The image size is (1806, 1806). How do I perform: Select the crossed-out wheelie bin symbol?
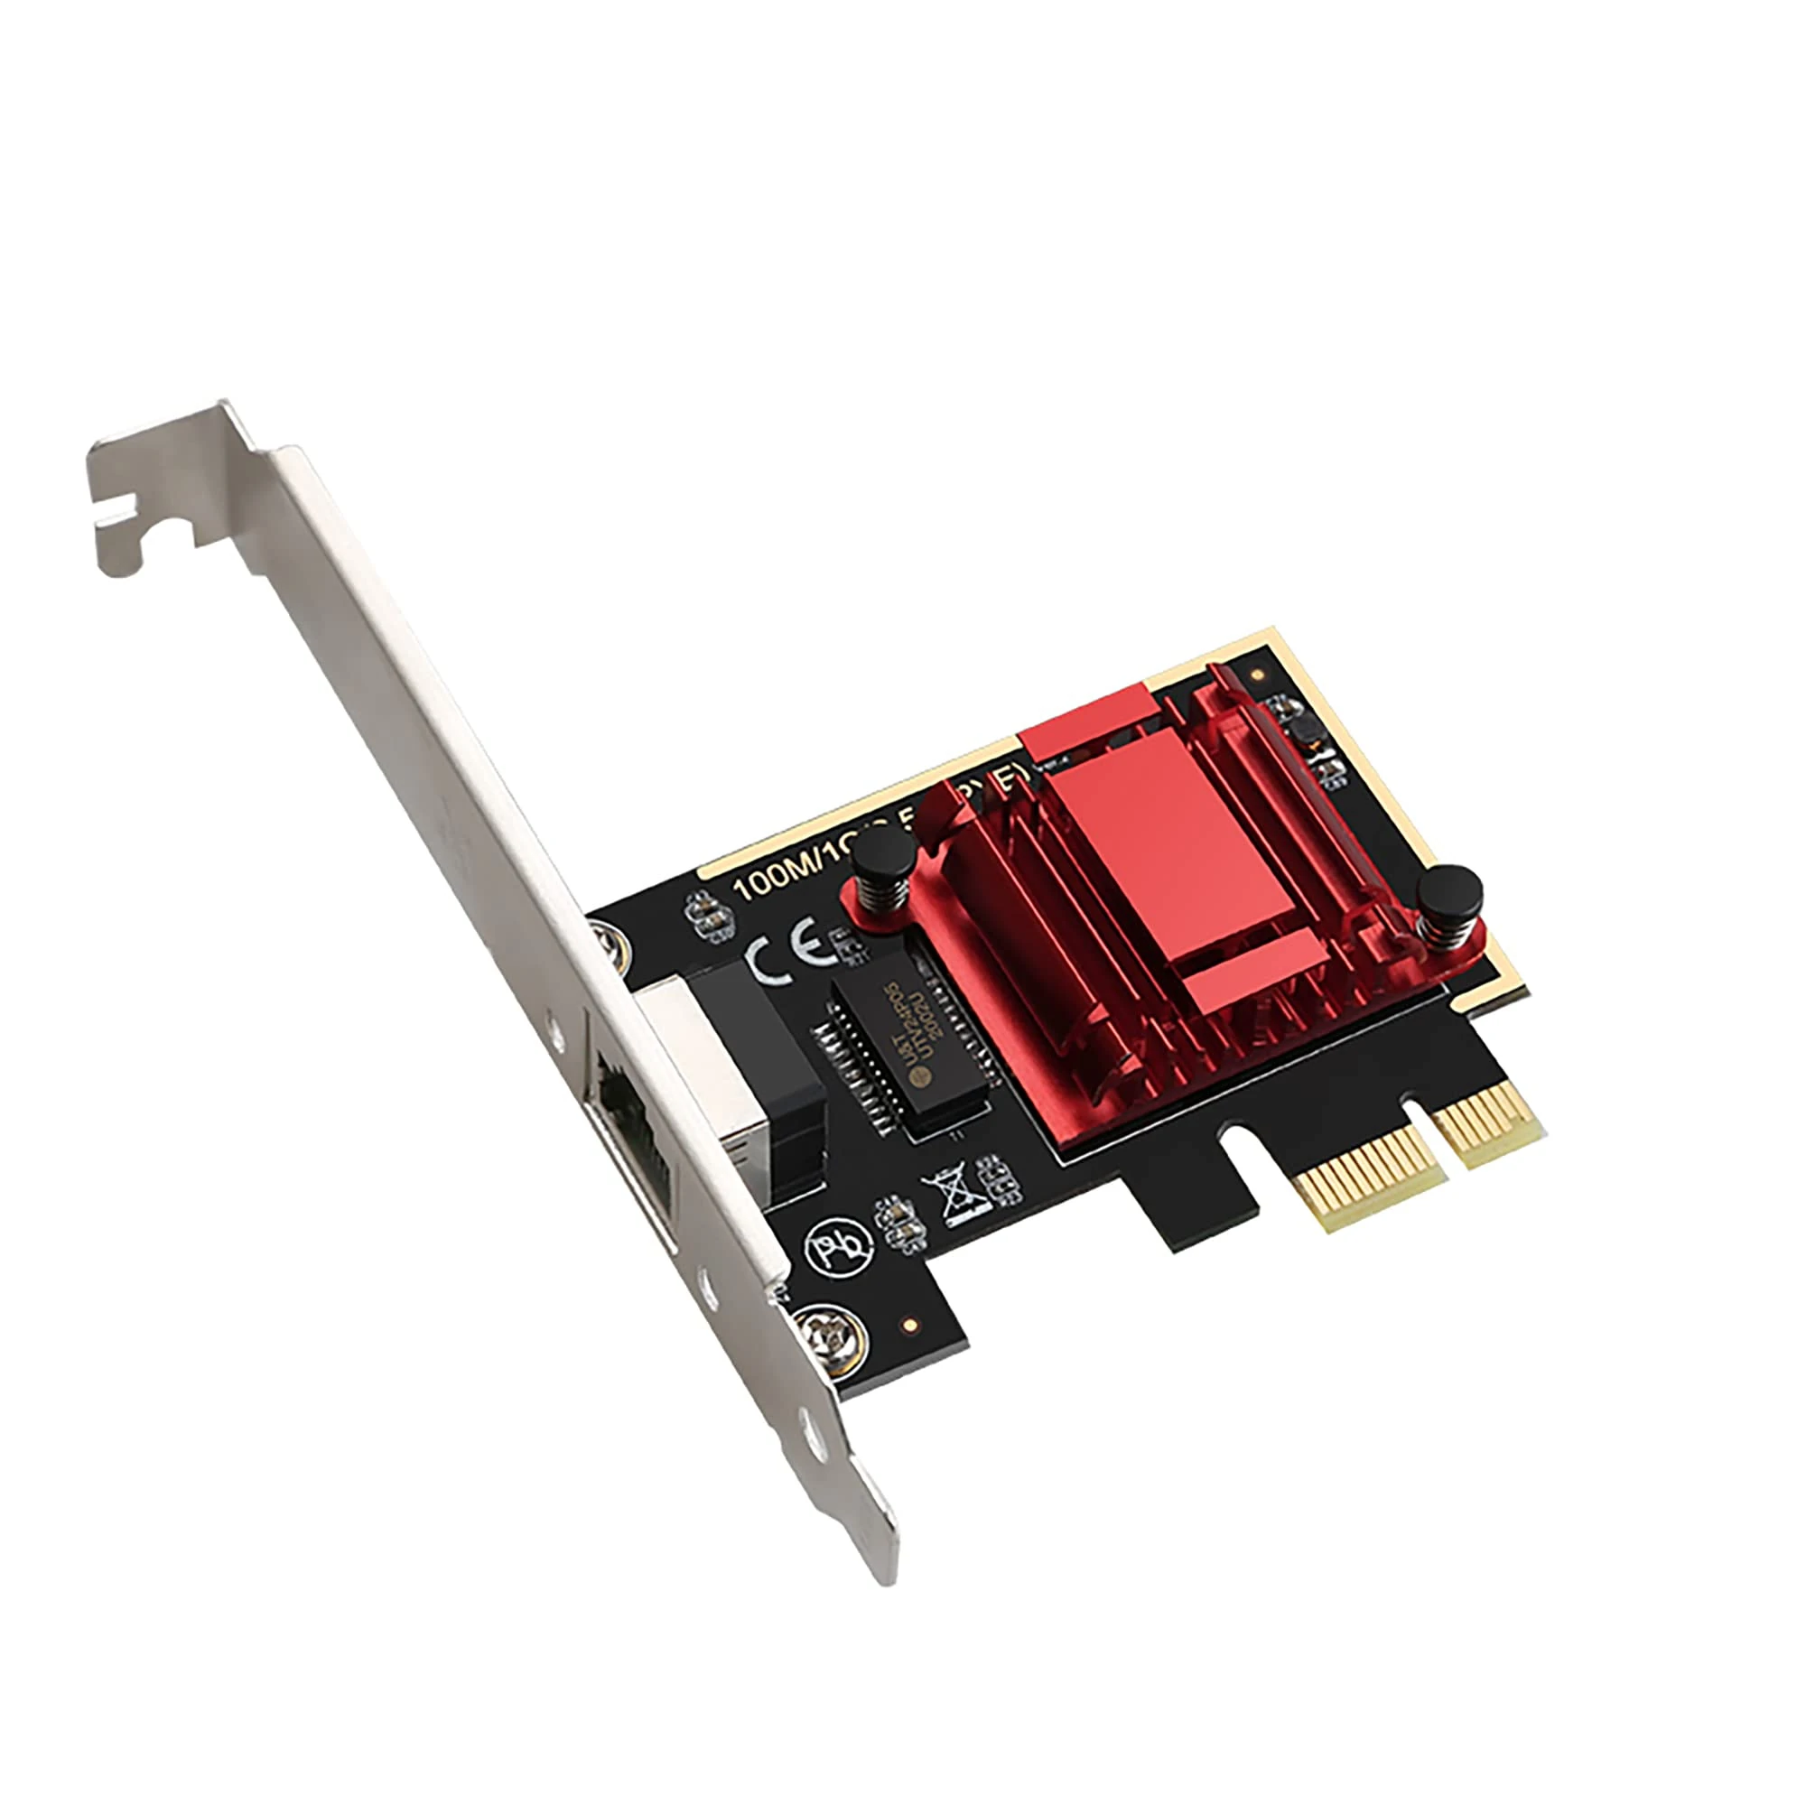(x=951, y=1196)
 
